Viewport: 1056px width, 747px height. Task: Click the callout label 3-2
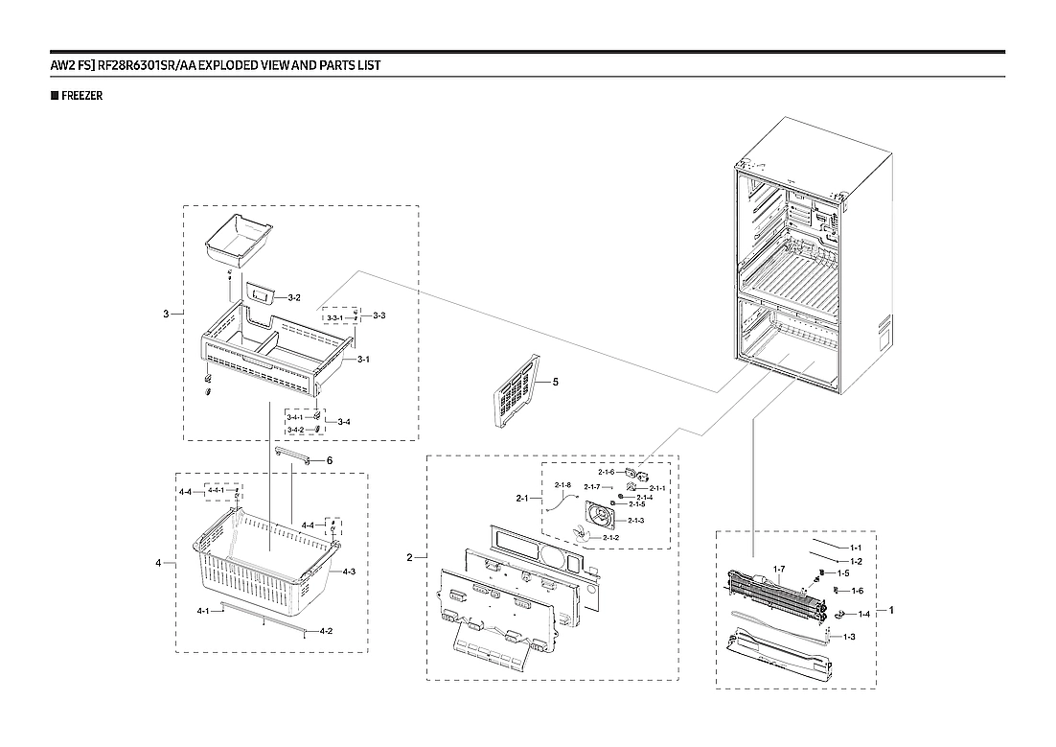click(294, 298)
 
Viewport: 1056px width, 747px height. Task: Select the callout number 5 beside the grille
click(555, 382)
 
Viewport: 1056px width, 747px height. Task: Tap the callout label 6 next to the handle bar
click(329, 460)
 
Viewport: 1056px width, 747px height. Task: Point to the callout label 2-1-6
click(606, 472)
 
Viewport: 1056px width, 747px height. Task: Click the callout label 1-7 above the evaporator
click(779, 570)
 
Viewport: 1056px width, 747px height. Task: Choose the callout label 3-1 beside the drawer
click(363, 360)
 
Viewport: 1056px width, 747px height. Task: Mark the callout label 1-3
click(848, 637)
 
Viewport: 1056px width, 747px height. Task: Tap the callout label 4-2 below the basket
click(326, 631)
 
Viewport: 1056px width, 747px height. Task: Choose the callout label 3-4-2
click(295, 430)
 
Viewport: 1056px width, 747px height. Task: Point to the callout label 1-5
click(844, 572)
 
